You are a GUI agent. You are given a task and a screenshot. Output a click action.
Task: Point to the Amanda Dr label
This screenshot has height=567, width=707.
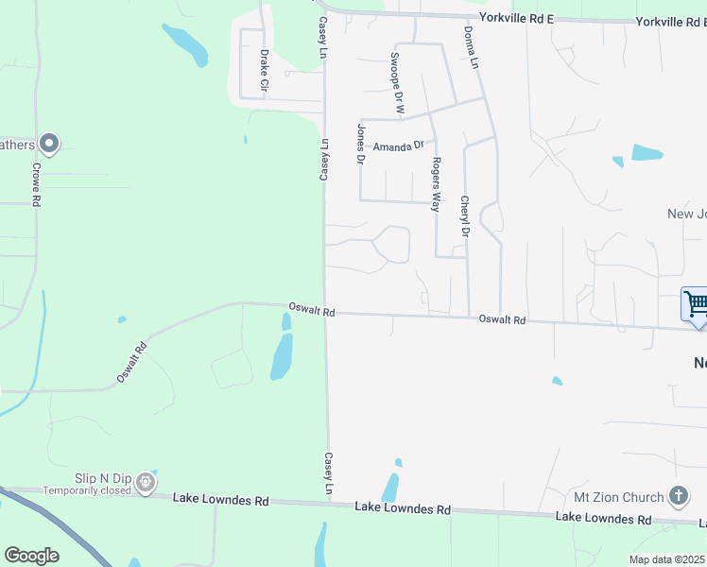point(398,147)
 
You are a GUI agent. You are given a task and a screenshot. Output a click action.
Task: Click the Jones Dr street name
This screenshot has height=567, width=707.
point(360,144)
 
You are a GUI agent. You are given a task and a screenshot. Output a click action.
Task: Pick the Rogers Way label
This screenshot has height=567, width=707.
point(436,183)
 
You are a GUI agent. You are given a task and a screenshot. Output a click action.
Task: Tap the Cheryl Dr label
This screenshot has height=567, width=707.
point(464,215)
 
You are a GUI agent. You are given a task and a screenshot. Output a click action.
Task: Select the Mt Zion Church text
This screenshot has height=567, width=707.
point(618,497)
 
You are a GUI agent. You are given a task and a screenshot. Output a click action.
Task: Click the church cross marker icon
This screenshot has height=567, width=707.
point(678,496)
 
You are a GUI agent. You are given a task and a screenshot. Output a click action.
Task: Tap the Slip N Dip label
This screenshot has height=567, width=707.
point(104,478)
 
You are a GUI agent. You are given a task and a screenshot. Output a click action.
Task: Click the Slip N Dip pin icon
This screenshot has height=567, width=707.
point(146,484)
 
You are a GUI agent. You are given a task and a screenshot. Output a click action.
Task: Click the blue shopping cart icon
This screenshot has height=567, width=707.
point(697,305)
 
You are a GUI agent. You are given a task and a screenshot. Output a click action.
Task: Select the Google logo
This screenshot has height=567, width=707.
point(31,556)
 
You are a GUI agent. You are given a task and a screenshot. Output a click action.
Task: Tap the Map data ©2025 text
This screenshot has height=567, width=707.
point(666,559)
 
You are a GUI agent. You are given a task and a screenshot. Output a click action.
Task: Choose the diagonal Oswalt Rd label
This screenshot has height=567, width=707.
point(132,362)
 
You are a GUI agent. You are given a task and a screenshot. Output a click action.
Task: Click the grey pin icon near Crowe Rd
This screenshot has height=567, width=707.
point(50,144)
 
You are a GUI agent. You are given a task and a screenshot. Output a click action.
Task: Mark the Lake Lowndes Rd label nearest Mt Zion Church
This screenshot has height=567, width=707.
point(603,517)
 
